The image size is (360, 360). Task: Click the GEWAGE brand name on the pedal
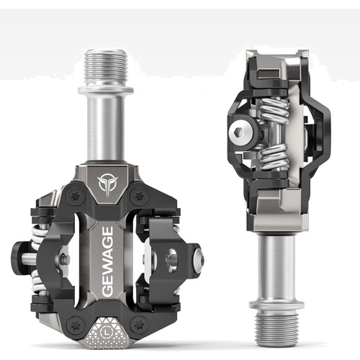point(107,261)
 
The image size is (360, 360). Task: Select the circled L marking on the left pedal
point(105,333)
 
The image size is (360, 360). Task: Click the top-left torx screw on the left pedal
point(74,196)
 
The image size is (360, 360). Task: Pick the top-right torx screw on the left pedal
point(139,196)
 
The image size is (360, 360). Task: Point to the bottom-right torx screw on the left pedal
point(139,324)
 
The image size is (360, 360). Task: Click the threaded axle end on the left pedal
point(106,68)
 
